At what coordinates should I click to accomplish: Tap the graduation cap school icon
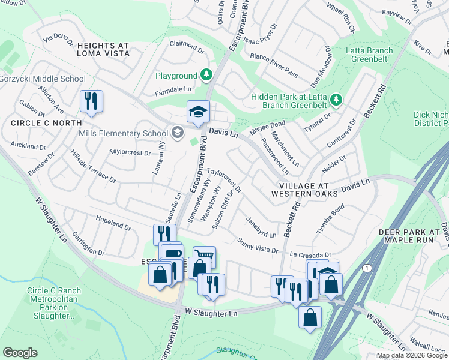[x=197, y=112]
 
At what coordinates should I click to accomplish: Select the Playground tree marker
[x=206, y=76]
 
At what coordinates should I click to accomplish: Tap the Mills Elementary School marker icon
[x=176, y=133]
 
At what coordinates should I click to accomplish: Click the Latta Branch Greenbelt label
[x=369, y=55]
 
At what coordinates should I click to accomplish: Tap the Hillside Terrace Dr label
[x=93, y=171]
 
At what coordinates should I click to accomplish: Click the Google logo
[x=20, y=353]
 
